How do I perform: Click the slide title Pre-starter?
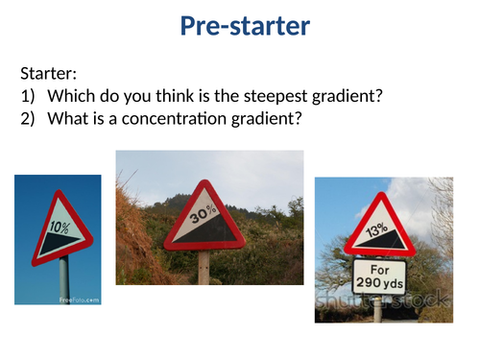click(245, 27)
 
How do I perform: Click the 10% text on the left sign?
click(60, 229)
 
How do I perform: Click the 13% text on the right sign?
click(377, 230)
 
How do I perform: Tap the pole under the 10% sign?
click(63, 283)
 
